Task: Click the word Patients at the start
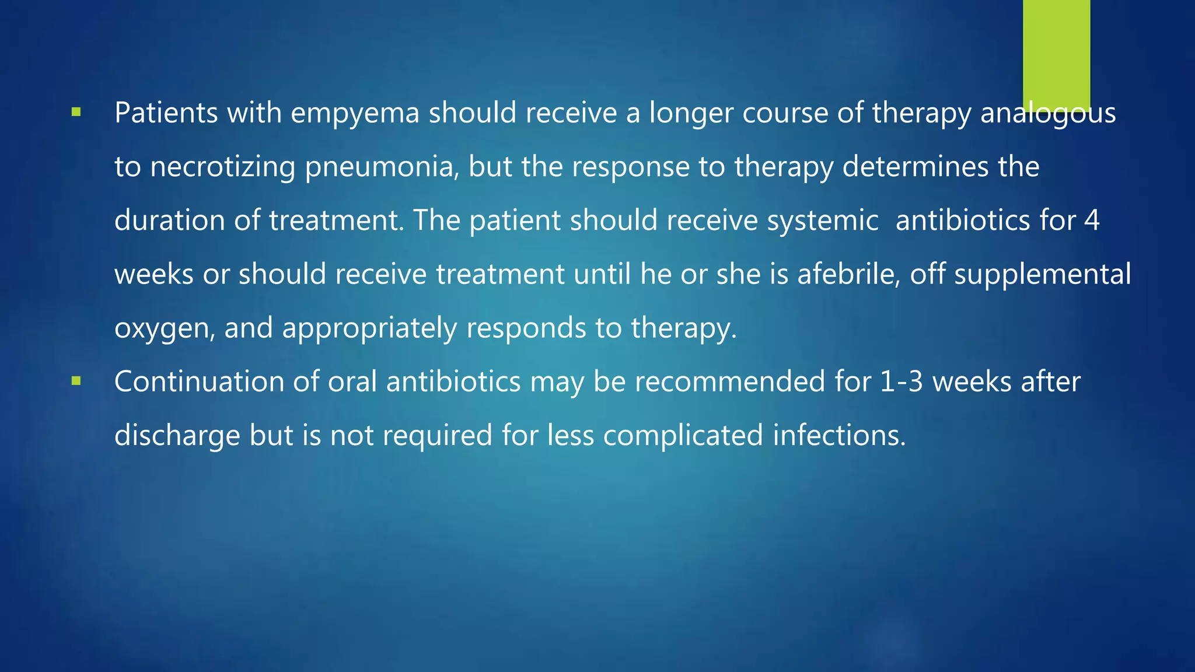pyautogui.click(x=166, y=113)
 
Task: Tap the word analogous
pyautogui.click(x=1048, y=114)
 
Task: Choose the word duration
pyautogui.click(x=169, y=220)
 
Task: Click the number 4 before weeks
pyautogui.click(x=1092, y=220)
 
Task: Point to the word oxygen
pyautogui.click(x=166, y=329)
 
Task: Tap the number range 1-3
pyautogui.click(x=901, y=382)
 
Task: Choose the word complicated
pyautogui.click(x=683, y=436)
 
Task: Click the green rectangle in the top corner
pyautogui.click(x=1056, y=52)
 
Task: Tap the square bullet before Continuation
pyautogui.click(x=75, y=381)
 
